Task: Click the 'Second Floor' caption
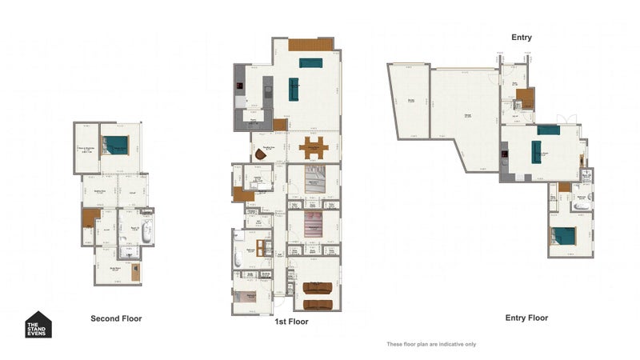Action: click(116, 318)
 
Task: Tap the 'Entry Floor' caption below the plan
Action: click(526, 318)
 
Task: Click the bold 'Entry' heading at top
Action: click(522, 38)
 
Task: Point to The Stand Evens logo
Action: click(38, 324)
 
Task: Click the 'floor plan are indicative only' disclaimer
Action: click(431, 344)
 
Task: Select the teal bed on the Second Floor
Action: click(118, 145)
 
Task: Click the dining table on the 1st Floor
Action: click(314, 146)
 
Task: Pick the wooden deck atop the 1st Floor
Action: click(310, 44)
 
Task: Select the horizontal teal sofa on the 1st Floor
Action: click(310, 62)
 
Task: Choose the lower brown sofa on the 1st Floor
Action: click(318, 304)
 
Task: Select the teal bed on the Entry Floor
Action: click(563, 236)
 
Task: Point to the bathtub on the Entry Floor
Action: click(578, 206)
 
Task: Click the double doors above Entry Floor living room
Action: click(567, 120)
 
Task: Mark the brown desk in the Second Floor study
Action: click(137, 271)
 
